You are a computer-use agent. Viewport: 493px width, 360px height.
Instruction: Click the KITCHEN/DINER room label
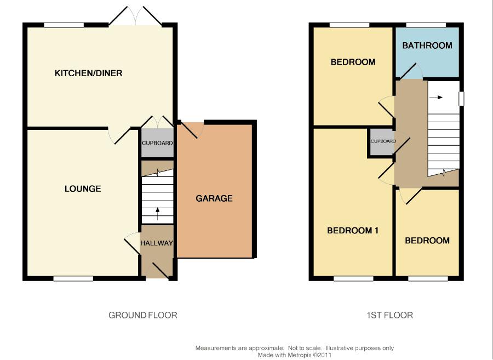click(88, 73)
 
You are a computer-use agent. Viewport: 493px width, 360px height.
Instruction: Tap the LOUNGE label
click(83, 188)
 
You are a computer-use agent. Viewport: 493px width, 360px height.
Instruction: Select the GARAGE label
click(214, 198)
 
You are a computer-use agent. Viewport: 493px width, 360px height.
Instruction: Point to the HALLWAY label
click(156, 243)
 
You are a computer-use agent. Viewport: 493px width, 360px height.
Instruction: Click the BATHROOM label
click(427, 45)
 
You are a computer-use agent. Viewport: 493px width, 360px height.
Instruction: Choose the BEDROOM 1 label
click(353, 231)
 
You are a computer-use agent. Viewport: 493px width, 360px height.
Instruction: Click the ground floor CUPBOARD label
click(157, 143)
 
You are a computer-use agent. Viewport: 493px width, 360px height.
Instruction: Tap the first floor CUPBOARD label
click(383, 141)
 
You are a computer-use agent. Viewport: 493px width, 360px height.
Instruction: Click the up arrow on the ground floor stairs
click(157, 214)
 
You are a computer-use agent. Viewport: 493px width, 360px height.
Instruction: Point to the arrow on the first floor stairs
click(436, 97)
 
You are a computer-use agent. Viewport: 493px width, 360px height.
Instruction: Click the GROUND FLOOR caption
click(143, 315)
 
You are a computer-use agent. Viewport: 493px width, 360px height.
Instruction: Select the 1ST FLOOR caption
click(389, 315)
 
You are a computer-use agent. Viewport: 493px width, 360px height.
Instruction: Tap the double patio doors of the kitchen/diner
click(135, 16)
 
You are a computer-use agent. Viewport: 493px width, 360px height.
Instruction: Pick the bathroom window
click(426, 25)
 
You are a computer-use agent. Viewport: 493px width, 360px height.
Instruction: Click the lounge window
click(73, 278)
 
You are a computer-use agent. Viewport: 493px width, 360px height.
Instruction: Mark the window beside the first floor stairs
click(461, 99)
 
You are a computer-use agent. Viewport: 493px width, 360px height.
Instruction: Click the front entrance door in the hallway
click(160, 271)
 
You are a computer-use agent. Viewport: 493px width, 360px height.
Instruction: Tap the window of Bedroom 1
click(353, 278)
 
